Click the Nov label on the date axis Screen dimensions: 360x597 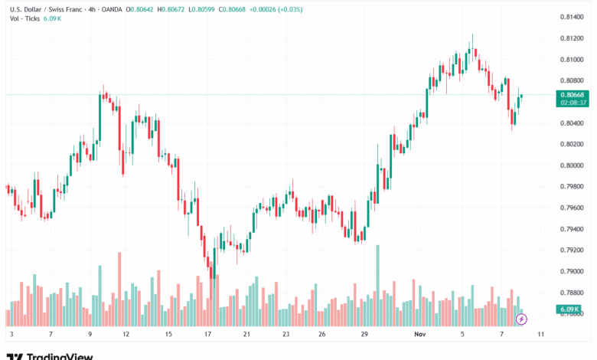pyautogui.click(x=419, y=335)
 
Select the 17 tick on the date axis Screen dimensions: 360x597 pyautogui.click(x=207, y=335)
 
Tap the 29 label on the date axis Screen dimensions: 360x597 pyautogui.click(x=365, y=335)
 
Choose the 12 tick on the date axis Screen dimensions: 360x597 pyautogui.click(x=126, y=335)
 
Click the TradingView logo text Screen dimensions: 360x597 pyautogui.click(x=60, y=355)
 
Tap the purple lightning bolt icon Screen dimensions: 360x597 pyautogui.click(x=522, y=318)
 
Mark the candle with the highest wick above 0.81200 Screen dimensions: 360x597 pyautogui.click(x=472, y=46)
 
